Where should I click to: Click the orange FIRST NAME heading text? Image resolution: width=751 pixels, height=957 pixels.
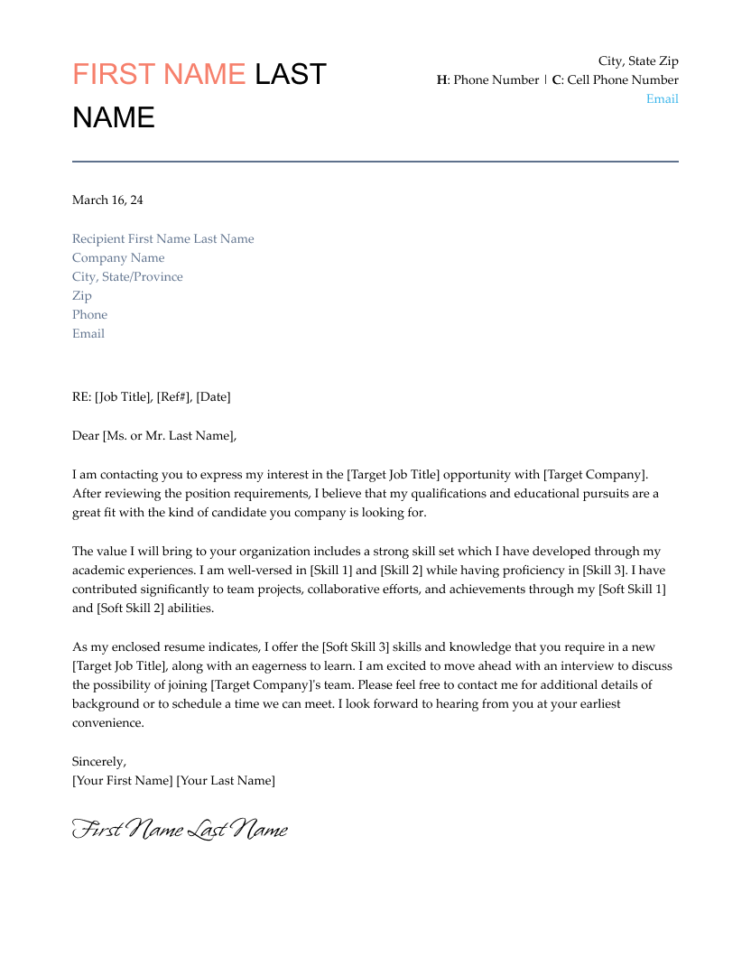click(x=159, y=74)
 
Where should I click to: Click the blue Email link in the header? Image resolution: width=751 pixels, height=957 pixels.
click(x=662, y=98)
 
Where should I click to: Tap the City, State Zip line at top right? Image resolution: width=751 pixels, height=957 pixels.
click(x=638, y=60)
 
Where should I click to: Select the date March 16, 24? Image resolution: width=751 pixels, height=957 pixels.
click(x=107, y=200)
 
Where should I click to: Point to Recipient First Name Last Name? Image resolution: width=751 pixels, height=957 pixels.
click(x=163, y=238)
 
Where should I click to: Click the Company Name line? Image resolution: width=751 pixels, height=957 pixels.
click(x=118, y=257)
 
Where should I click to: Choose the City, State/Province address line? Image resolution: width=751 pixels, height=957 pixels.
click(x=127, y=276)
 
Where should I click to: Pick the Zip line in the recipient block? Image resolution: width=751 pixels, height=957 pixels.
click(x=82, y=295)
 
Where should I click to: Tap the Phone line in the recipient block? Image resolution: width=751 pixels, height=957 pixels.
click(x=89, y=314)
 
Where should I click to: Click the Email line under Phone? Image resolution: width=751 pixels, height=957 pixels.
click(x=88, y=333)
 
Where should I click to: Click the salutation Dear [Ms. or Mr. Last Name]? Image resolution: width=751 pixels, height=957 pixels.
click(x=153, y=435)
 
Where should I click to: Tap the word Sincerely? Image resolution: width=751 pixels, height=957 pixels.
click(x=99, y=761)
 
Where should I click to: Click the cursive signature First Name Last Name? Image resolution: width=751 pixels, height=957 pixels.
click(x=180, y=829)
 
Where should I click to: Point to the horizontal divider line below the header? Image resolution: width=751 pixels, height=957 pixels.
click(x=375, y=162)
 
